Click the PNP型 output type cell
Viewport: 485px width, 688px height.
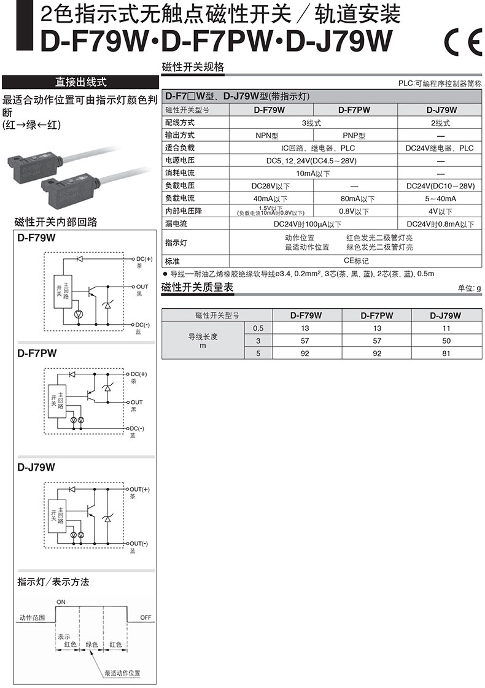[354, 136]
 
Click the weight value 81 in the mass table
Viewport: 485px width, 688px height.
[446, 354]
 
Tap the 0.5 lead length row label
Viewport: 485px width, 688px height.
[258, 328]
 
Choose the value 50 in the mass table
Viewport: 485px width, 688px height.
[446, 341]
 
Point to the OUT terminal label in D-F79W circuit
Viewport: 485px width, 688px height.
[143, 287]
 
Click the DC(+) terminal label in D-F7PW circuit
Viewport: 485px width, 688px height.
[139, 374]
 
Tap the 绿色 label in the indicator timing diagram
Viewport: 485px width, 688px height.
[92, 645]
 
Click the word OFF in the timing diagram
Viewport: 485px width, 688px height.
[146, 617]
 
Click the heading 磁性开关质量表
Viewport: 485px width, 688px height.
[197, 287]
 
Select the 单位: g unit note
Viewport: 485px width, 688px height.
[470, 288]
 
